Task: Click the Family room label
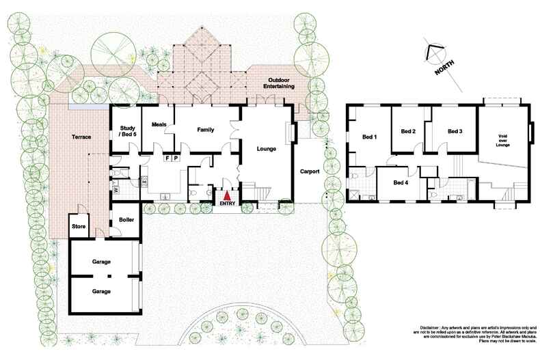206,129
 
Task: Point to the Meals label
159,124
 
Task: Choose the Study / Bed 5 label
126,131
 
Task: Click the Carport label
310,171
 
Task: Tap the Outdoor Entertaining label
280,83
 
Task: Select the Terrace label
82,137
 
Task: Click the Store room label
78,226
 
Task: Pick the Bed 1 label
370,137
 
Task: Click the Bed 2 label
408,131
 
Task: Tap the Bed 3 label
455,131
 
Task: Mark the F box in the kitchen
167,157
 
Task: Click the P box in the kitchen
176,157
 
